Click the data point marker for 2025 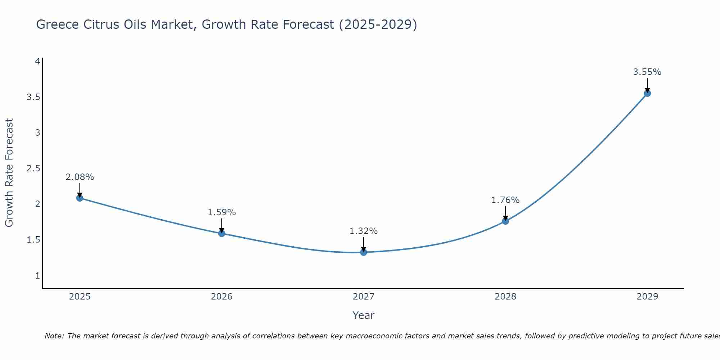coord(80,198)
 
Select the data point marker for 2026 coord(222,233)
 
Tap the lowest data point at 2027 coord(364,252)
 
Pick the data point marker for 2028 coord(505,221)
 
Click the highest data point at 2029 coord(647,93)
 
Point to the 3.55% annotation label coord(647,72)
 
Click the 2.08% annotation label coord(80,177)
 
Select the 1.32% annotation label coord(364,231)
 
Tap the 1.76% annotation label coord(505,200)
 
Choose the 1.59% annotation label coord(222,212)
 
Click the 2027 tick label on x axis coord(364,297)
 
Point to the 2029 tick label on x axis coord(647,297)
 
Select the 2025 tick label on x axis coord(80,297)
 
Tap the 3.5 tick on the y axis coord(33,97)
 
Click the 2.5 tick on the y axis coord(33,168)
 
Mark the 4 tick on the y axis coord(37,62)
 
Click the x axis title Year coord(364,315)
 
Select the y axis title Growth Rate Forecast coord(9,173)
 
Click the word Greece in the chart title coord(58,24)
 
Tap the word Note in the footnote coord(54,336)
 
